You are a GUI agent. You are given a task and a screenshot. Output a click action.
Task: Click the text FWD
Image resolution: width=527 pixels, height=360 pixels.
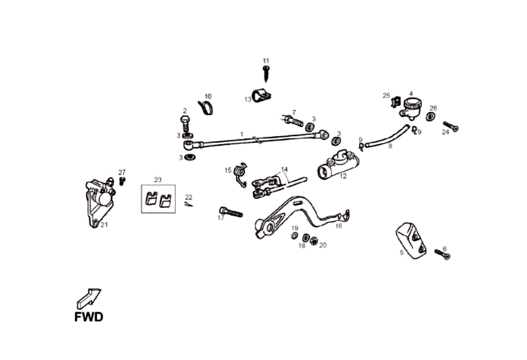pyautogui.click(x=88, y=317)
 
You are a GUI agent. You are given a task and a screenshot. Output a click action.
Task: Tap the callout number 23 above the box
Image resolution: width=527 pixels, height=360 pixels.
pyautogui.click(x=158, y=179)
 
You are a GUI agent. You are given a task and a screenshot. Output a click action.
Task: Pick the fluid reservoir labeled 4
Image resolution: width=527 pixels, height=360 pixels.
pyautogui.click(x=409, y=107)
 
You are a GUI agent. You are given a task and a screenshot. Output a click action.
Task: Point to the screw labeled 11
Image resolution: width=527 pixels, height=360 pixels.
pyautogui.click(x=267, y=73)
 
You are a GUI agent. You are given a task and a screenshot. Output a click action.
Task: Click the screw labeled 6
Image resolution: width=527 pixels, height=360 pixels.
pyautogui.click(x=442, y=254)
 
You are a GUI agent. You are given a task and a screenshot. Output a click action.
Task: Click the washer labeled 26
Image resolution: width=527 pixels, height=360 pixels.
pyautogui.click(x=431, y=116)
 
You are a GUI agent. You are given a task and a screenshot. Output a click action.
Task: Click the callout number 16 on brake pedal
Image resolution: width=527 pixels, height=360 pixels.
pyautogui.click(x=338, y=226)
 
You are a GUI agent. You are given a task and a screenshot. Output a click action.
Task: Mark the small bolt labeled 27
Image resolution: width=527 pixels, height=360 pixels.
pyautogui.click(x=122, y=181)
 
